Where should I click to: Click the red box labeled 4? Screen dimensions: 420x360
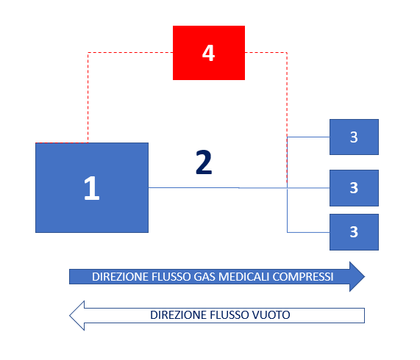pyautogui.click(x=209, y=53)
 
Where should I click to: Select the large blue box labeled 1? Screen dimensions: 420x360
pyautogui.click(x=92, y=187)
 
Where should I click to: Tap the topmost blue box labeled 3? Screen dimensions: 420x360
pyautogui.click(x=354, y=137)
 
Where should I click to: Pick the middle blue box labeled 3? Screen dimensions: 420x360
pyautogui.click(x=354, y=188)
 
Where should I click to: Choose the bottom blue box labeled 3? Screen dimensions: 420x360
pyautogui.click(x=354, y=232)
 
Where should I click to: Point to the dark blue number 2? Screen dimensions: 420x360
pyautogui.click(x=204, y=162)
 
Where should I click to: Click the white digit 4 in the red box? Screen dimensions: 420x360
pyautogui.click(x=208, y=53)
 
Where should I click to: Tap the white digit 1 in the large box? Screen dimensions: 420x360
pyautogui.click(x=92, y=188)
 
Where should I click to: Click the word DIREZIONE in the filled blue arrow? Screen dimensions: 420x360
pyautogui.click(x=121, y=277)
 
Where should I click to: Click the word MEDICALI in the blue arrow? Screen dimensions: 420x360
pyautogui.click(x=243, y=277)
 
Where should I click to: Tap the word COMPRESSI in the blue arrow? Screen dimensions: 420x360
pyautogui.click(x=303, y=277)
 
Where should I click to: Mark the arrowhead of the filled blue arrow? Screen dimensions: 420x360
pyautogui.click(x=357, y=276)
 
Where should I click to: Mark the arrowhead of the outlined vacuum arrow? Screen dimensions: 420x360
pyautogui.click(x=77, y=315)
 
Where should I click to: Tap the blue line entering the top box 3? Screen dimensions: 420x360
pyautogui.click(x=308, y=137)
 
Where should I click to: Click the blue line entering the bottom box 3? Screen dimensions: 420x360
pyautogui.click(x=308, y=232)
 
